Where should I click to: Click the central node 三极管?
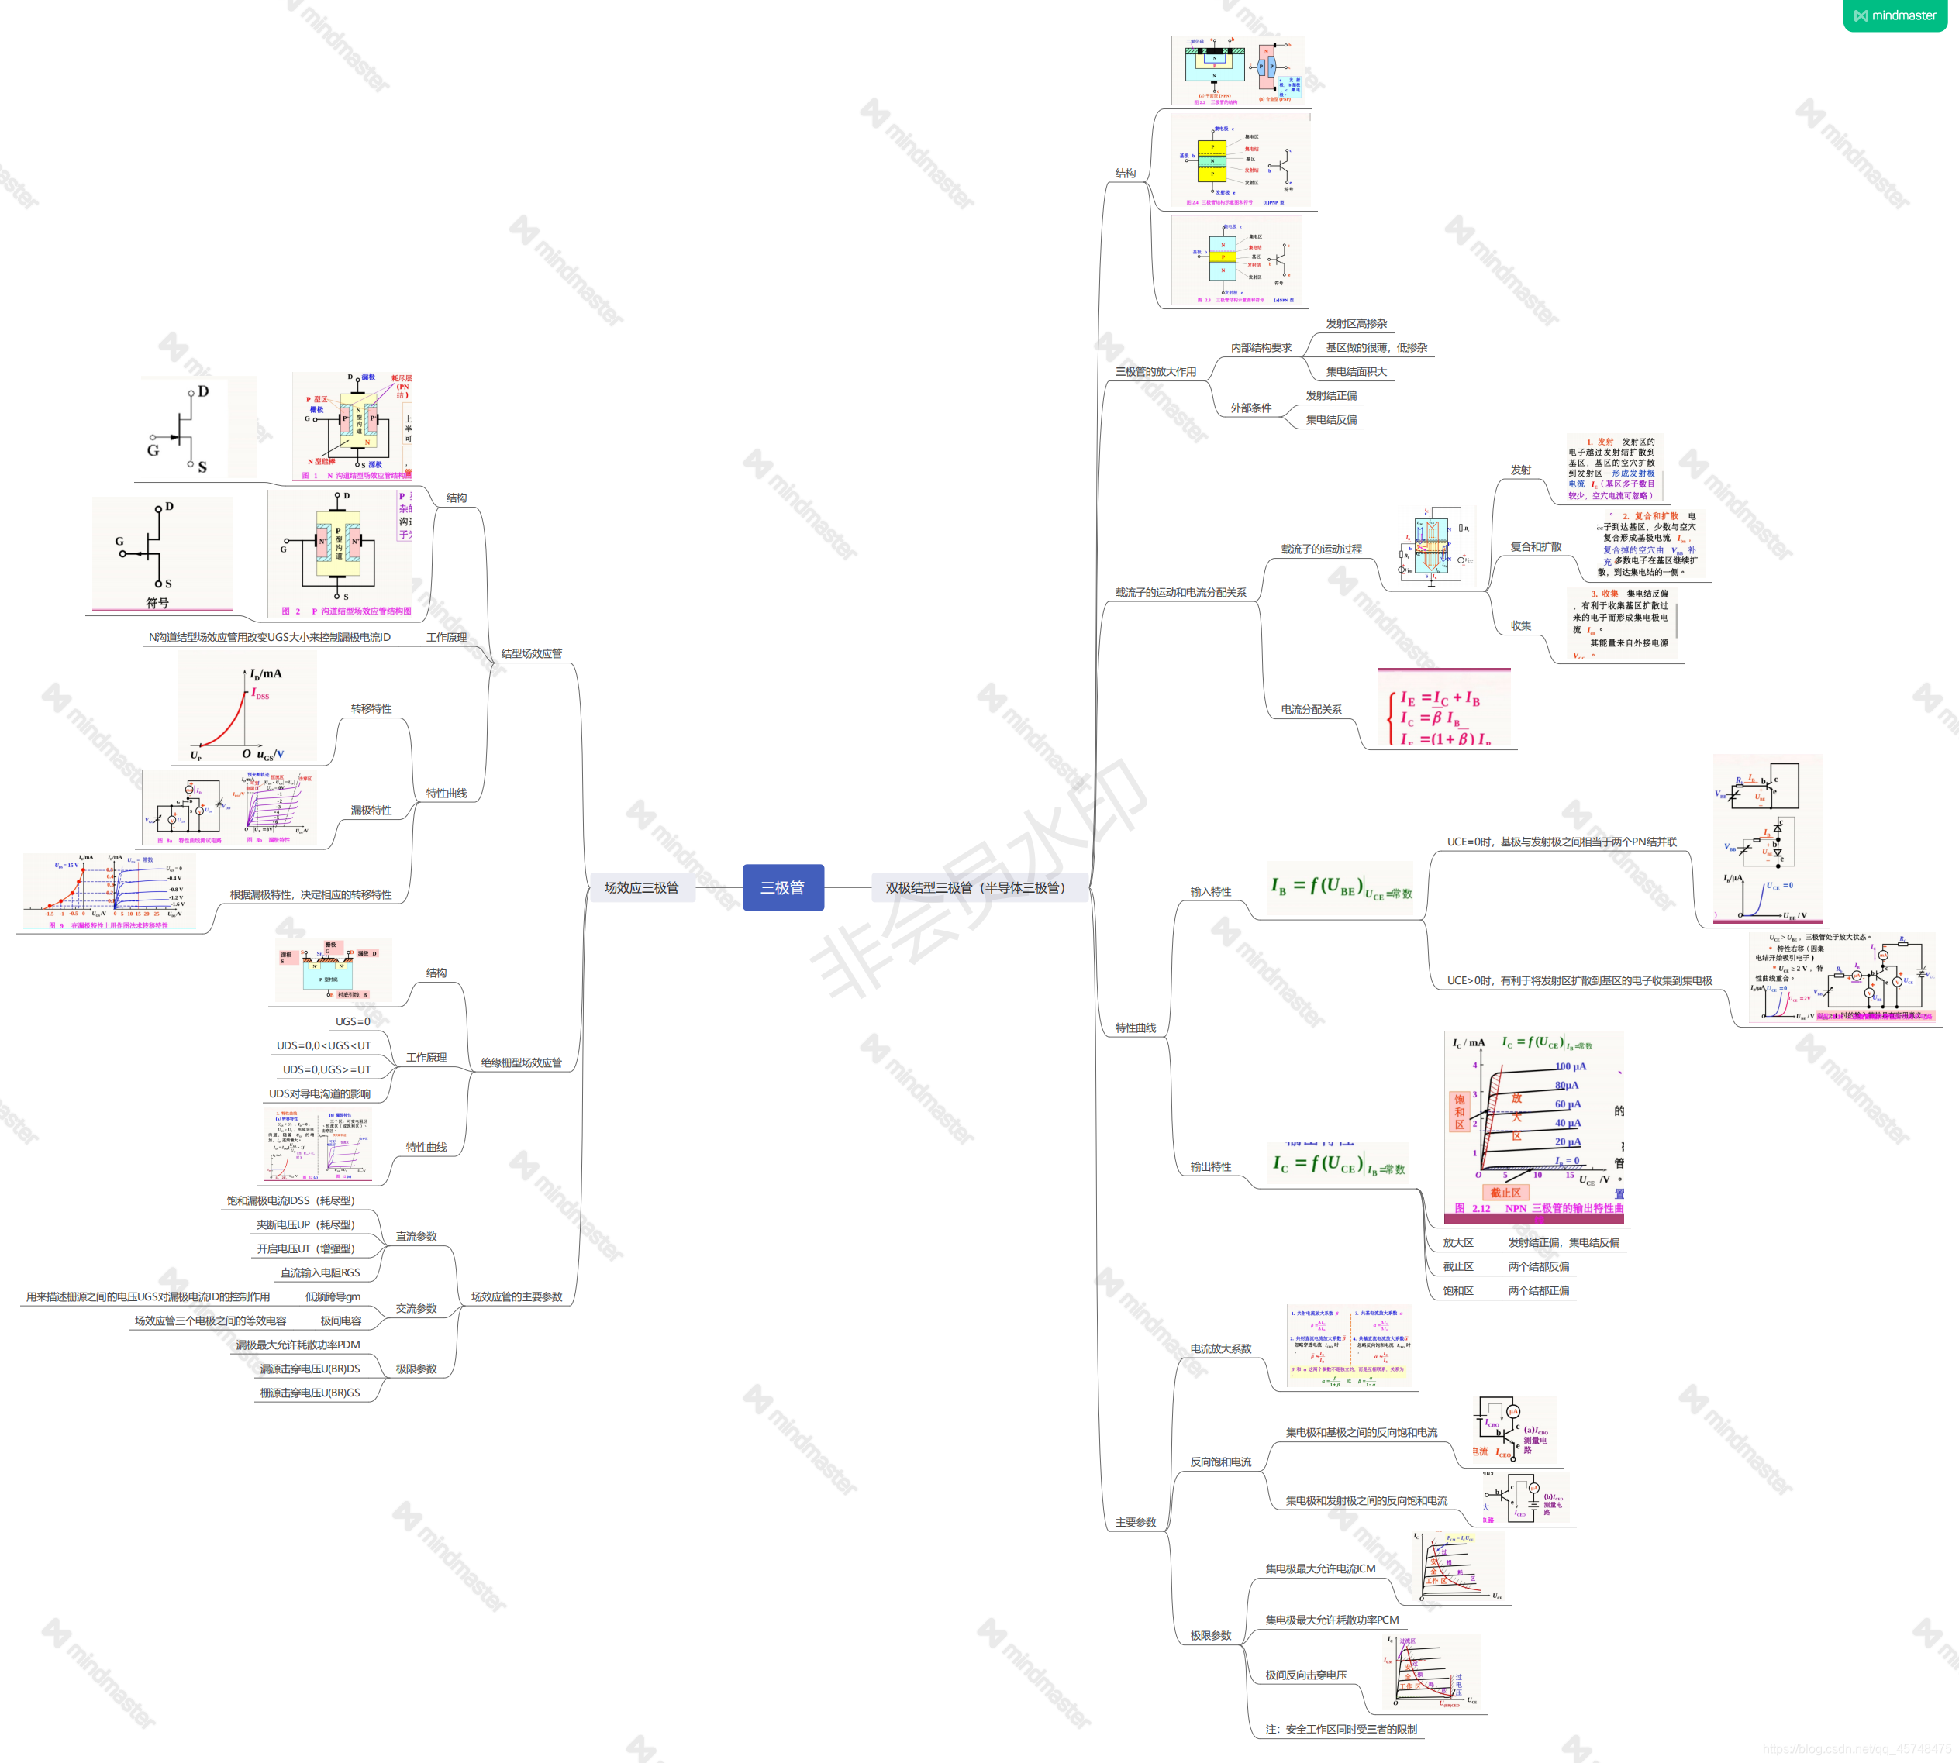click(783, 887)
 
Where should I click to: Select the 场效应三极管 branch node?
click(641, 887)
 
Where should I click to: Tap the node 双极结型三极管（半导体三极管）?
click(974, 887)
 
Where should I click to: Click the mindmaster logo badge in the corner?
click(1894, 15)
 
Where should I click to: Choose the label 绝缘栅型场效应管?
click(521, 1062)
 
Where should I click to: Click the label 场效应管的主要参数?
click(516, 1297)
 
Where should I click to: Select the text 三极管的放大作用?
click(1155, 372)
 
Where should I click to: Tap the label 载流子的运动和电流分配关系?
click(1180, 593)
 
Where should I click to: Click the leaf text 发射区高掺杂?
click(1357, 324)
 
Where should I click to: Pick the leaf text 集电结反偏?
click(1331, 419)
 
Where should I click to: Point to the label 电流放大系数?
click(1221, 1348)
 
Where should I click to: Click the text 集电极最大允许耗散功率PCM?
click(1331, 1620)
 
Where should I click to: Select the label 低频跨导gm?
click(333, 1297)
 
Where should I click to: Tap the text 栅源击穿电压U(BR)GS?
click(310, 1393)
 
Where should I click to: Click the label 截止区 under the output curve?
click(1457, 1267)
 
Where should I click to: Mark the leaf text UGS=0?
click(353, 1022)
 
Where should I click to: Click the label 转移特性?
click(371, 709)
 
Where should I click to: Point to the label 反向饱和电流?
click(1221, 1462)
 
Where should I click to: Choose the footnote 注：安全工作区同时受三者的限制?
click(1341, 1729)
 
